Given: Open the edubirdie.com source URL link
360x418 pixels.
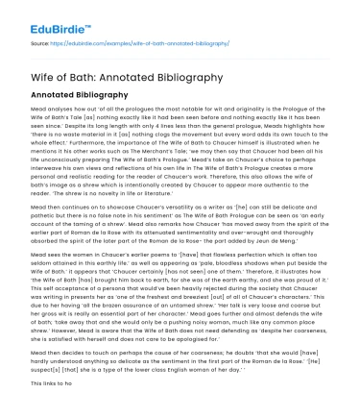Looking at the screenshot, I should click(x=145, y=44).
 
